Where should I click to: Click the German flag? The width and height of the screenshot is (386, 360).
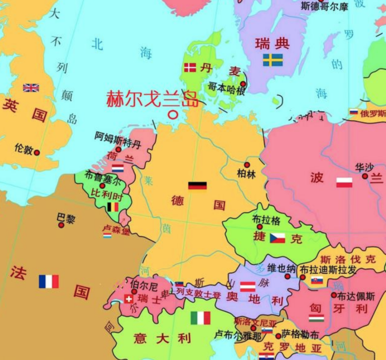click(x=197, y=186)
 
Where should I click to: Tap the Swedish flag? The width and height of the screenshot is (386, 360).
click(x=273, y=60)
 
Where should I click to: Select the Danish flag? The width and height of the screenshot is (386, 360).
click(x=190, y=68)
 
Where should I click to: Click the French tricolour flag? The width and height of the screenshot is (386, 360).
click(x=49, y=281)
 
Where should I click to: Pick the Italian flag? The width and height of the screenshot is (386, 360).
click(x=200, y=318)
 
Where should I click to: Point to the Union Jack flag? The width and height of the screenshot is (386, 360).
click(x=31, y=88)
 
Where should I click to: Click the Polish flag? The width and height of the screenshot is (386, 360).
click(x=344, y=183)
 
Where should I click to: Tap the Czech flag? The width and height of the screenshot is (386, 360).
click(x=277, y=238)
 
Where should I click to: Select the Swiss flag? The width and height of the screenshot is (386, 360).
click(x=129, y=299)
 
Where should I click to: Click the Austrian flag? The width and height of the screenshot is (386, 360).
click(x=248, y=286)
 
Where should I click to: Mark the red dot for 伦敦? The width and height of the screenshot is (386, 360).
click(x=37, y=152)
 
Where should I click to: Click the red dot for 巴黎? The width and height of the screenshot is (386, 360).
click(x=61, y=225)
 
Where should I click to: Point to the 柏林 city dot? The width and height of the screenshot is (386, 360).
click(x=247, y=165)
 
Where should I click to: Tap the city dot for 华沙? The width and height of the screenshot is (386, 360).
click(x=365, y=176)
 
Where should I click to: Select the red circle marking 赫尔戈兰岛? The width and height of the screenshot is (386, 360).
click(x=174, y=114)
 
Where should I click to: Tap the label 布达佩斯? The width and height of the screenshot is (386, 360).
click(x=356, y=296)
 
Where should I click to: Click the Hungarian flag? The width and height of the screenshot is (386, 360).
click(x=316, y=318)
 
